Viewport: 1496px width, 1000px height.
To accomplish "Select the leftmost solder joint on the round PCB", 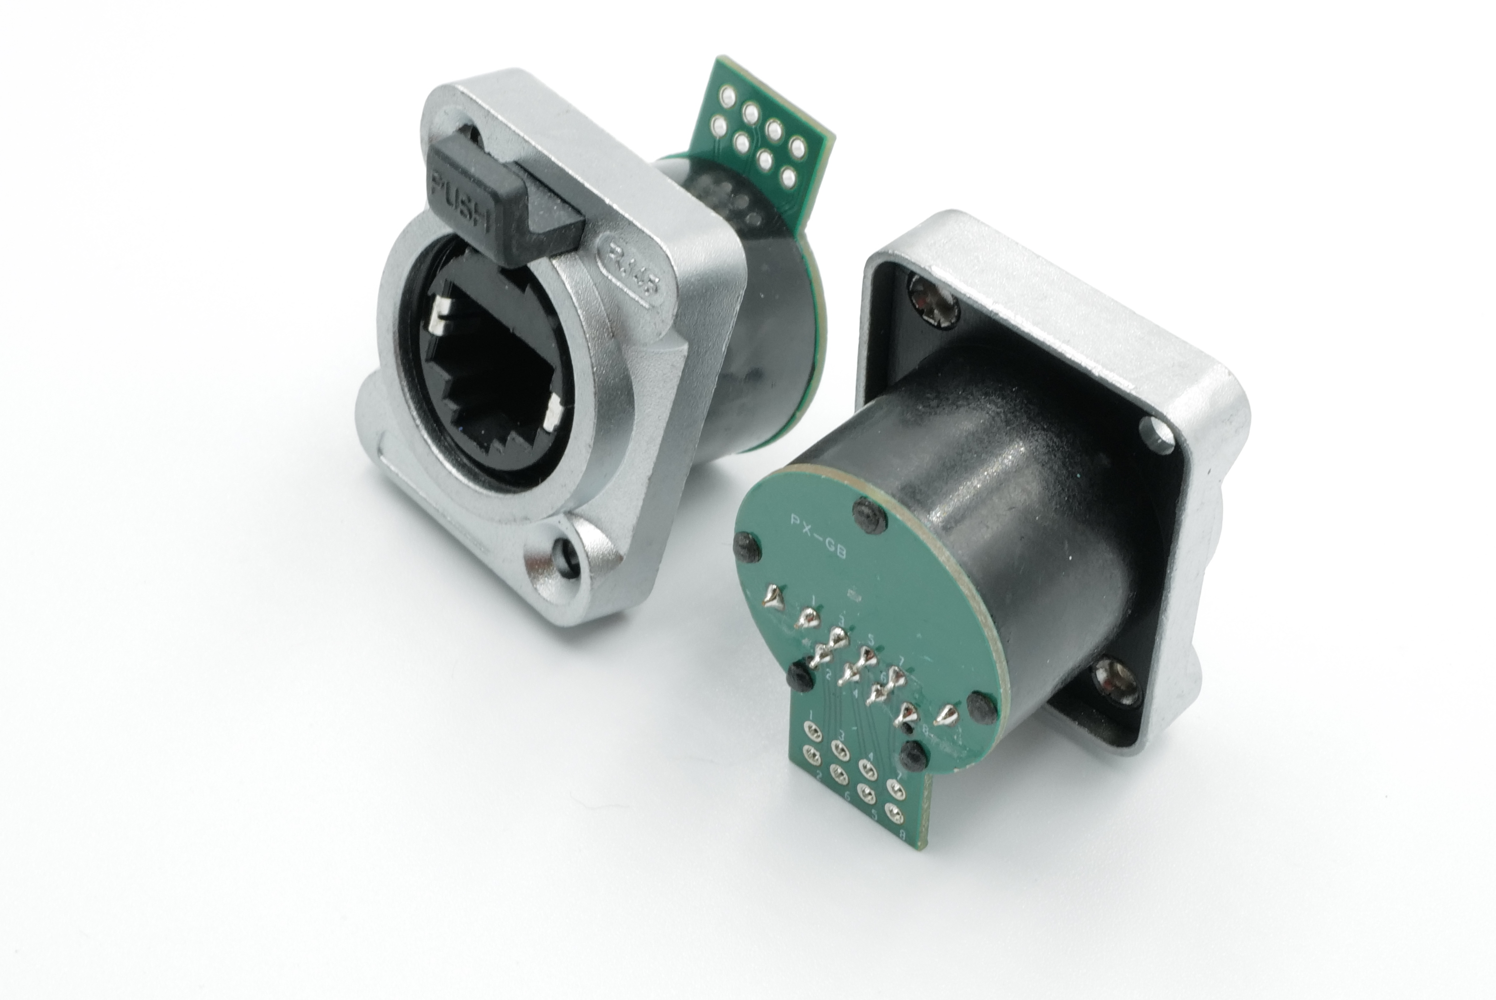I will [x=773, y=597].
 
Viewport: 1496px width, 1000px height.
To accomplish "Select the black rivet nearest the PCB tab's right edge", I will [x=914, y=756].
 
